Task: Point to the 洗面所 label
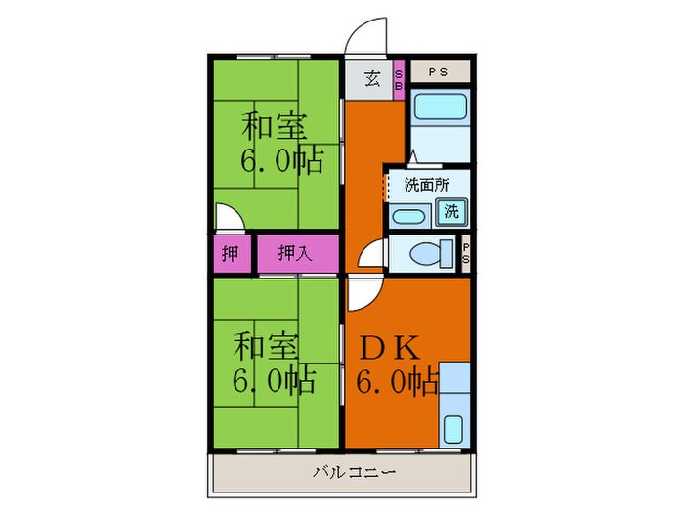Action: click(x=425, y=183)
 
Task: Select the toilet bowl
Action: click(x=426, y=254)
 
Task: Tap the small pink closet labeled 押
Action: click(x=230, y=254)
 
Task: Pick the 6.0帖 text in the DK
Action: click(x=399, y=381)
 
